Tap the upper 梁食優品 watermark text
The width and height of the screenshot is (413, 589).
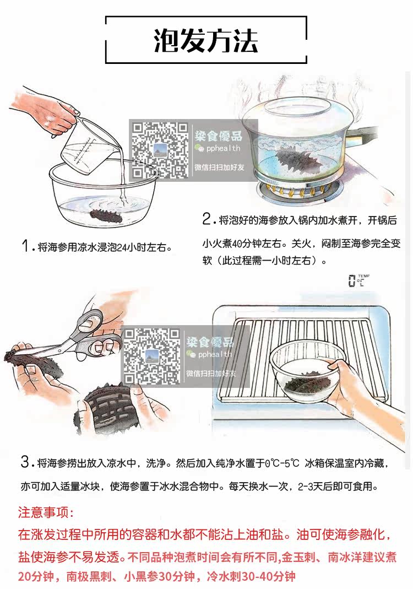click(218, 136)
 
